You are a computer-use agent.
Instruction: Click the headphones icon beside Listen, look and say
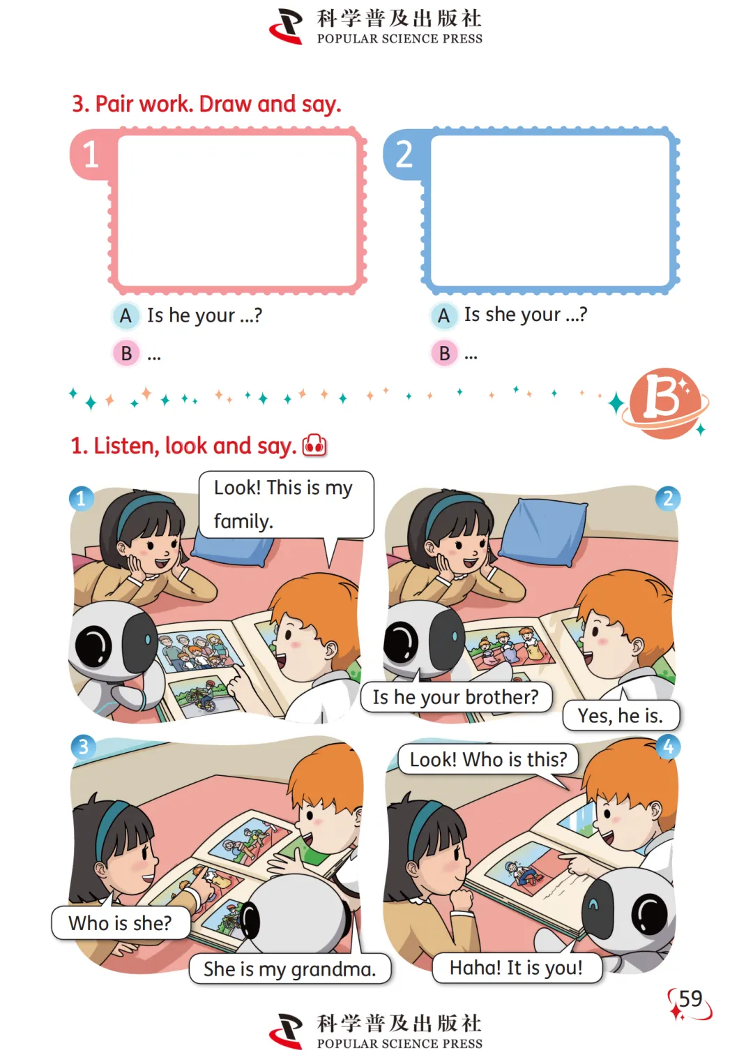click(x=314, y=445)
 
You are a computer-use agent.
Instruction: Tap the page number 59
click(x=690, y=998)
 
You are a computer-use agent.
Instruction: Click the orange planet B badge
click(x=664, y=403)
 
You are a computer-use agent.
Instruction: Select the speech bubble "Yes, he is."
click(x=621, y=715)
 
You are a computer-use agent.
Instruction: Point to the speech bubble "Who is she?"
click(x=121, y=923)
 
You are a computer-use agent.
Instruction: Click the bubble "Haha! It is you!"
click(x=517, y=968)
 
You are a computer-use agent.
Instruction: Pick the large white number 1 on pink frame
click(x=91, y=154)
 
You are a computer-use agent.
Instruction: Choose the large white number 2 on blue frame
click(x=404, y=154)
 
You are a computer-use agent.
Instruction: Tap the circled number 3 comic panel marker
click(x=83, y=747)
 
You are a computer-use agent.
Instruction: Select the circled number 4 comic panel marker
click(x=668, y=747)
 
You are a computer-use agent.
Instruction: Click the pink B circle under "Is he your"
click(x=126, y=353)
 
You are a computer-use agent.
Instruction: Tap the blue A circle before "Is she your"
click(x=443, y=315)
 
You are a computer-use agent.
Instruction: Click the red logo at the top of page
click(x=286, y=27)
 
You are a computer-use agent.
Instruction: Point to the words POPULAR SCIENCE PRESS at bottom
click(x=400, y=1043)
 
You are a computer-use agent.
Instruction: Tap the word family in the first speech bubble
click(x=243, y=521)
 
